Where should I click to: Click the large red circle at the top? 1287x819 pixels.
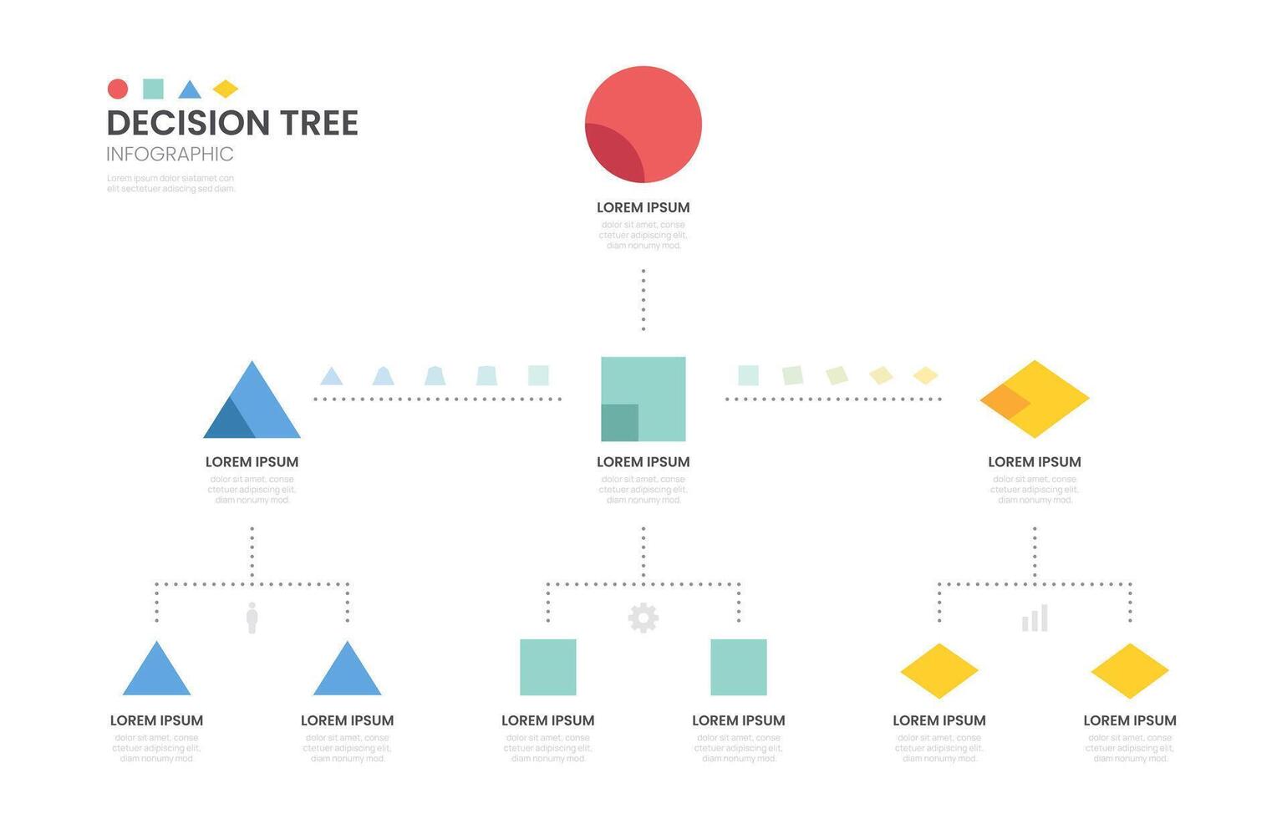643,124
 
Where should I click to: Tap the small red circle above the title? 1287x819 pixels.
118,89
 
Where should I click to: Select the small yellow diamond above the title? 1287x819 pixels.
225,89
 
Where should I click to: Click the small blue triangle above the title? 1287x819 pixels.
190,90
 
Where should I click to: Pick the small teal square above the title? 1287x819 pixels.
153,89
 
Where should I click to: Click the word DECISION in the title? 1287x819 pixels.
188,123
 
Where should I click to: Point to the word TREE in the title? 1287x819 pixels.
318,123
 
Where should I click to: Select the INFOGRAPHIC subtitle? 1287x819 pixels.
170,154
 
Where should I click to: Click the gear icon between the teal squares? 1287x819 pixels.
643,618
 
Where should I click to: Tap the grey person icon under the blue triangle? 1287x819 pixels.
252,618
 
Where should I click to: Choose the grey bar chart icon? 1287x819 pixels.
1035,618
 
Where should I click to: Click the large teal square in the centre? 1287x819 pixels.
643,399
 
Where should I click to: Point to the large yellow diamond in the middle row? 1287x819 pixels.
1035,399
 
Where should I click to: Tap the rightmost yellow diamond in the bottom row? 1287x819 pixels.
1130,670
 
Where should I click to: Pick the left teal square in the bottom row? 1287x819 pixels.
548,667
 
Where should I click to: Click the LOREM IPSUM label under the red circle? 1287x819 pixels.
643,207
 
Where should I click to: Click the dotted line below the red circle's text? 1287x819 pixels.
643,299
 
